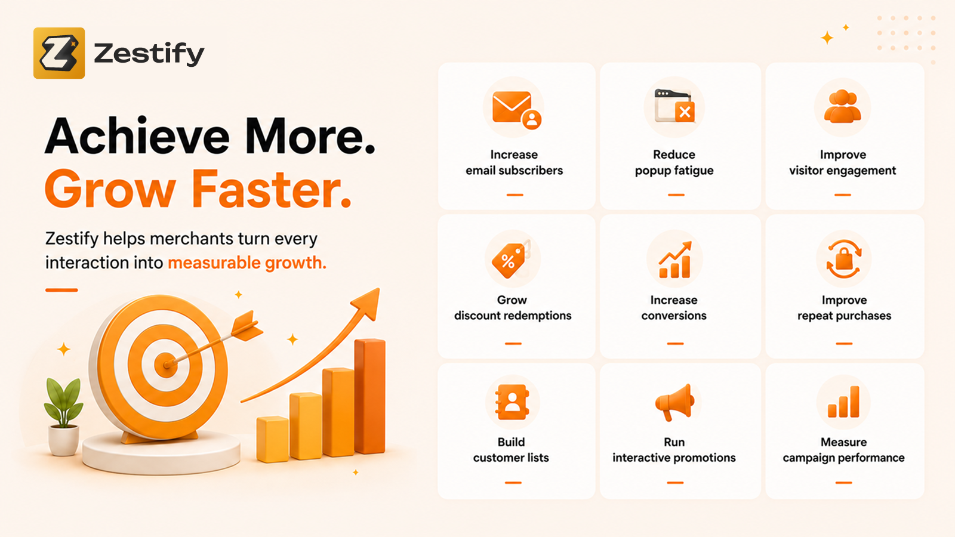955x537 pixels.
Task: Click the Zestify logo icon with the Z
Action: click(59, 53)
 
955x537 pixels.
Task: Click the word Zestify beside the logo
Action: click(149, 54)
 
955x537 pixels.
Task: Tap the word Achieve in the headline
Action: click(137, 136)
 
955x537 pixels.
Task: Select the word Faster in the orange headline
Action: click(272, 189)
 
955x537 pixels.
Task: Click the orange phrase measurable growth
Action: click(247, 263)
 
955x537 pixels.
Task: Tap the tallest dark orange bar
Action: click(370, 396)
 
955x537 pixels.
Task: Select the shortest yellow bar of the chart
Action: click(273, 439)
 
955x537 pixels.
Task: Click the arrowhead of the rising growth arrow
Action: click(368, 303)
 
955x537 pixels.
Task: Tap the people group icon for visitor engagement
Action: click(842, 107)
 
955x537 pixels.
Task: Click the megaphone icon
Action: click(674, 402)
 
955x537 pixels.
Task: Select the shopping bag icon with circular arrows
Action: click(844, 259)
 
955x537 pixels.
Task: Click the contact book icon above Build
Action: click(512, 402)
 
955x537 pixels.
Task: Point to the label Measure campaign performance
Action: click(843, 450)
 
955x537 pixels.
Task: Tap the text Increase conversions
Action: click(674, 308)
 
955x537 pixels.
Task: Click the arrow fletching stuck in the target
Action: click(247, 326)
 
